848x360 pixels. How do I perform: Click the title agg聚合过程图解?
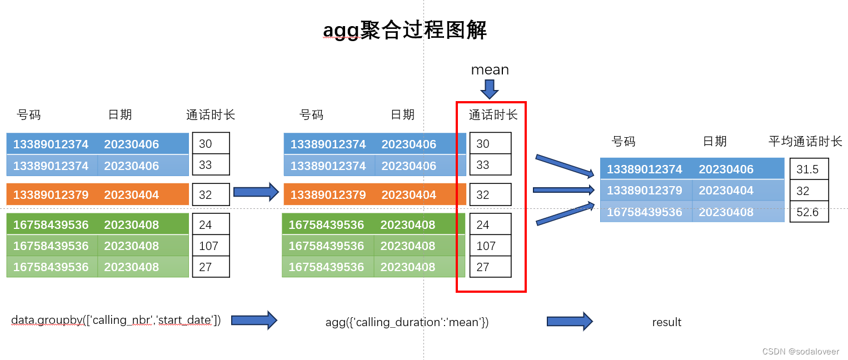tap(405, 31)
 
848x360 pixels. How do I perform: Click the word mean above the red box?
tap(490, 70)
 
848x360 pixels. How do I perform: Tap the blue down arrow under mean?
tap(490, 89)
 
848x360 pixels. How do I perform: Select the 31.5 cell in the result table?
tap(809, 169)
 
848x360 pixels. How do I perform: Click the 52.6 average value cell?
tap(809, 212)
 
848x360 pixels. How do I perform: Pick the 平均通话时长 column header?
tap(805, 142)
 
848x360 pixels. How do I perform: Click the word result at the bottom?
tap(666, 322)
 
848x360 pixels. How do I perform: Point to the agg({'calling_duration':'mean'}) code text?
tap(407, 322)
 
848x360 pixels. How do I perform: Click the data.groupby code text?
tap(116, 320)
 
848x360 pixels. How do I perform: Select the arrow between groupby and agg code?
tap(254, 321)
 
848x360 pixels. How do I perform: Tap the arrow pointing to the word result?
tap(570, 321)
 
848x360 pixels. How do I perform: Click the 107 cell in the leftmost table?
tap(209, 246)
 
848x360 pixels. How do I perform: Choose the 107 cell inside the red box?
tap(486, 246)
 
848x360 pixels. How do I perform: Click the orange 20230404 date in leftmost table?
tap(131, 195)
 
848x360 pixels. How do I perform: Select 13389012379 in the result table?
tap(644, 191)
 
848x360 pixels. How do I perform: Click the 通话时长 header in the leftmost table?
tap(211, 115)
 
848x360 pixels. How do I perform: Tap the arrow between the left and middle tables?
tap(256, 192)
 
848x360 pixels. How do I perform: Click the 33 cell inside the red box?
tap(483, 165)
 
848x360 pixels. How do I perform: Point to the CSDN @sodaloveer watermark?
tap(800, 352)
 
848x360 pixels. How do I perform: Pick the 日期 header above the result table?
tap(715, 142)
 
